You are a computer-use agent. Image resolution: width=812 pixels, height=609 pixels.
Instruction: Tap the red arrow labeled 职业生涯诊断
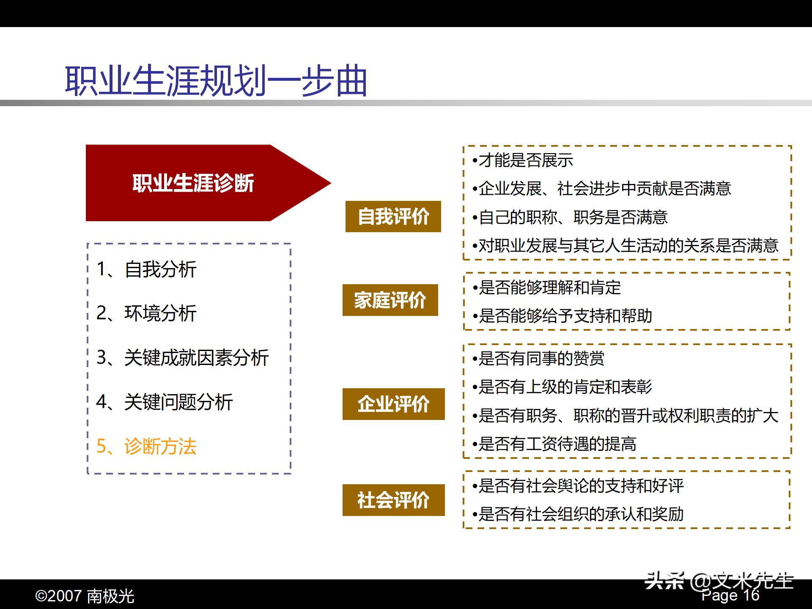(x=194, y=183)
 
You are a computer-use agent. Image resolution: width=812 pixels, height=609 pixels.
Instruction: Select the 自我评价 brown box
(x=393, y=217)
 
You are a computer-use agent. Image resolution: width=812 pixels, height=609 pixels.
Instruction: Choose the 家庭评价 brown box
(x=390, y=300)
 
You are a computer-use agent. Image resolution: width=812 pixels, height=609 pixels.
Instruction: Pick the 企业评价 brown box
(x=393, y=404)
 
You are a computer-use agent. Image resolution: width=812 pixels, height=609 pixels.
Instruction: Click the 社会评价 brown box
(x=393, y=500)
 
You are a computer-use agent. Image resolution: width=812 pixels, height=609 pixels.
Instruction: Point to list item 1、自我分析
(x=146, y=269)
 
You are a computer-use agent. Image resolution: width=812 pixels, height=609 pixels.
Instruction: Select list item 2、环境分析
(x=146, y=313)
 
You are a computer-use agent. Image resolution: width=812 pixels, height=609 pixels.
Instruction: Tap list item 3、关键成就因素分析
(x=183, y=358)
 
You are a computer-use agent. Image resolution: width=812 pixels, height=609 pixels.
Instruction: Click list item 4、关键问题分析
(x=165, y=402)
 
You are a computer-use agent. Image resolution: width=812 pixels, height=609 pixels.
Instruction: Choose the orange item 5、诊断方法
(x=146, y=446)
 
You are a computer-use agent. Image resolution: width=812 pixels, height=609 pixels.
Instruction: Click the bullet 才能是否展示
(x=523, y=160)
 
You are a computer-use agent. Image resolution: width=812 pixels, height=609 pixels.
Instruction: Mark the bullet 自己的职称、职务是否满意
(x=570, y=217)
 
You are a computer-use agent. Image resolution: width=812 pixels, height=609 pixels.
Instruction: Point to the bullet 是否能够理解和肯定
(x=546, y=288)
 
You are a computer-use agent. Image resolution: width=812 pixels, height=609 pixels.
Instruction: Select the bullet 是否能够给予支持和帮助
(x=562, y=316)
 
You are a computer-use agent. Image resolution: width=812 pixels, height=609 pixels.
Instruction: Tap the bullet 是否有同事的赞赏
(x=539, y=359)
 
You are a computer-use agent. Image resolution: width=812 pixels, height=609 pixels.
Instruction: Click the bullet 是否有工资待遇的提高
(x=554, y=444)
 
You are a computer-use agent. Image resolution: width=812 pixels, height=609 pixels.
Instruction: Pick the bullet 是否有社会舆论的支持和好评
(x=578, y=486)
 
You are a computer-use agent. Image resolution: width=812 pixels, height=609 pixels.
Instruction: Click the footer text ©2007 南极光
(x=85, y=596)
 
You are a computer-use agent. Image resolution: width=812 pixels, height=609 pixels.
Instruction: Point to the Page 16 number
(x=730, y=595)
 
